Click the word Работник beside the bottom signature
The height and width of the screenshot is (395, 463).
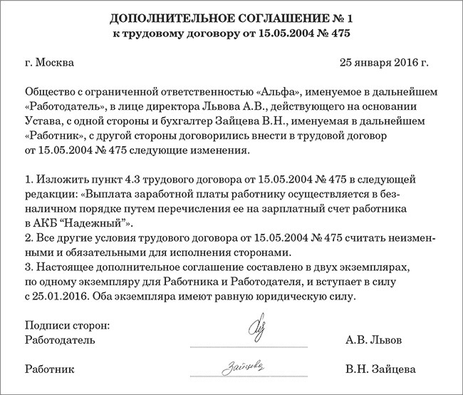49,370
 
